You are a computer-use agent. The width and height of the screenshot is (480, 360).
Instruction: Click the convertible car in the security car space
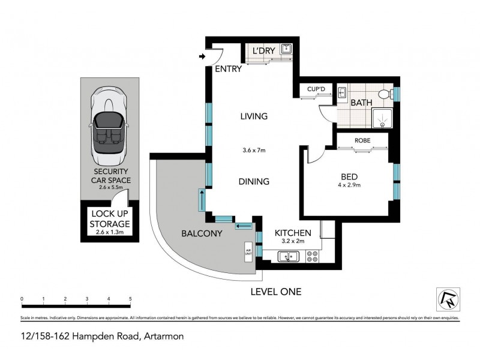[108, 123]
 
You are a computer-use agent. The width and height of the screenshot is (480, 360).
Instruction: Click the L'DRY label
[263, 51]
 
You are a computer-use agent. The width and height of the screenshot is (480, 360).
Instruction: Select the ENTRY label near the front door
[228, 69]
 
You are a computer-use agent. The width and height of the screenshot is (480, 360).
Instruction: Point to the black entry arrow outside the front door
[201, 58]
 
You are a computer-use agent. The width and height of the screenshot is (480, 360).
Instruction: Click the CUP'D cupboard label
[316, 89]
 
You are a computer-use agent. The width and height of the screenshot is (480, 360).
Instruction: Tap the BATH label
[361, 103]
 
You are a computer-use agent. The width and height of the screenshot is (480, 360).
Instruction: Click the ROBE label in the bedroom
[362, 140]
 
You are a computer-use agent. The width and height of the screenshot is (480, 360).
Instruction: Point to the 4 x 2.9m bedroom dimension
[349, 185]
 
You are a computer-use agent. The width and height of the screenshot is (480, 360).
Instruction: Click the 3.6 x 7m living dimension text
[254, 151]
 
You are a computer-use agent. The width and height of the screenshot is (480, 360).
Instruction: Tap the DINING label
[254, 181]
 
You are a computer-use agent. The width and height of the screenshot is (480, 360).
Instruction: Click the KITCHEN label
[292, 233]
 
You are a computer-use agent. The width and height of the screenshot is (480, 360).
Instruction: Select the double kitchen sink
[289, 257]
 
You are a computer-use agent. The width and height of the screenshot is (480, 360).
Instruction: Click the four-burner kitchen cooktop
[312, 257]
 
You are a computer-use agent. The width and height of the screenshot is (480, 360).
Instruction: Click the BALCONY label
[203, 233]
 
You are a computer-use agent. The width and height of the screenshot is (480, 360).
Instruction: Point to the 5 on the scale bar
[130, 298]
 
